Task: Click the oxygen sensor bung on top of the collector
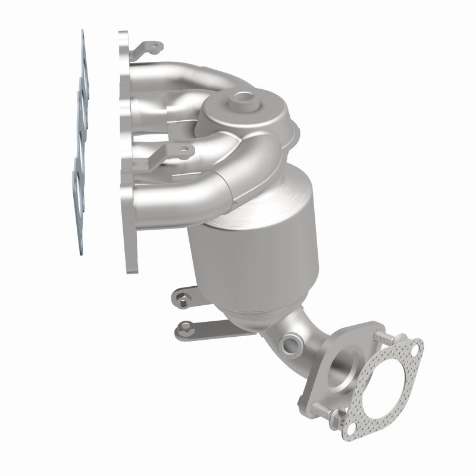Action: (243, 96)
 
